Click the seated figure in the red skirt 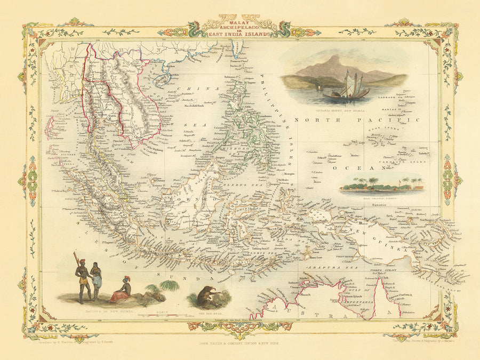coord(122,291)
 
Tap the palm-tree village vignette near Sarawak coord(380,185)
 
